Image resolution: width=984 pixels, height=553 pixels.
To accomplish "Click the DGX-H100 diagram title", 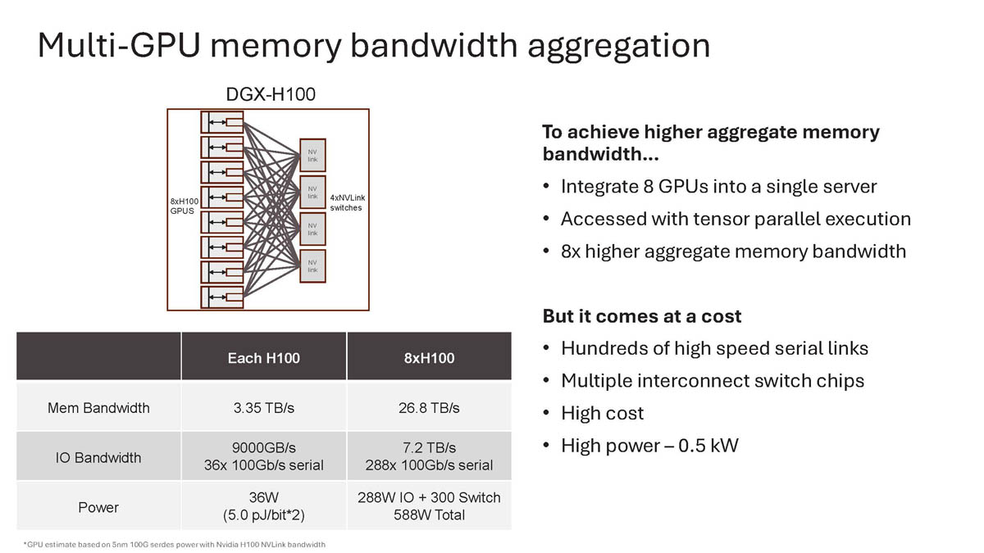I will coord(270,95).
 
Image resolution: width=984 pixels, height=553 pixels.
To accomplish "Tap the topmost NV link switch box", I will coord(312,154).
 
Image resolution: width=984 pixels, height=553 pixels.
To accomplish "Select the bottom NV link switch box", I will coord(312,265).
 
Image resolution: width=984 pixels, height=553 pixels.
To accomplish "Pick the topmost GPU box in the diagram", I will coord(222,123).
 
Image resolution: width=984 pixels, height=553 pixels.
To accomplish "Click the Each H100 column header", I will coord(264,358).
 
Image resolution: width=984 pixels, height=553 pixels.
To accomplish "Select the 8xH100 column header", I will coord(429,358).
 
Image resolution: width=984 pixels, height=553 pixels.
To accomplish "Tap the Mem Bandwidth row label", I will coord(98,407).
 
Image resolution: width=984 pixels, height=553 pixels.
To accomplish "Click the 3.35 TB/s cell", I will coord(264,407).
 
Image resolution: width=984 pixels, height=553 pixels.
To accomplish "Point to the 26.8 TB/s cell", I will coord(429,407).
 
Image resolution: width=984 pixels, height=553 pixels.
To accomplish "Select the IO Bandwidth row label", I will coord(98,457).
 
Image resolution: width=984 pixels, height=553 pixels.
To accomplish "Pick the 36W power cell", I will coord(264,497).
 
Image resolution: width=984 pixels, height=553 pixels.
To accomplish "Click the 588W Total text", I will coord(429,515).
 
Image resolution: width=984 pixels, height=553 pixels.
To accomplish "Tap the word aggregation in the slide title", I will coord(619,45).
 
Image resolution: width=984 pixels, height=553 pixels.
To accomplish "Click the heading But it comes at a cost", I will coord(641,316).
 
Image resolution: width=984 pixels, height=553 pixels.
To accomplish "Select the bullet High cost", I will coord(602,413).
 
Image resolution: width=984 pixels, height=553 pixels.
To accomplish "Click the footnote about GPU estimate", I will coord(174,545).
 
